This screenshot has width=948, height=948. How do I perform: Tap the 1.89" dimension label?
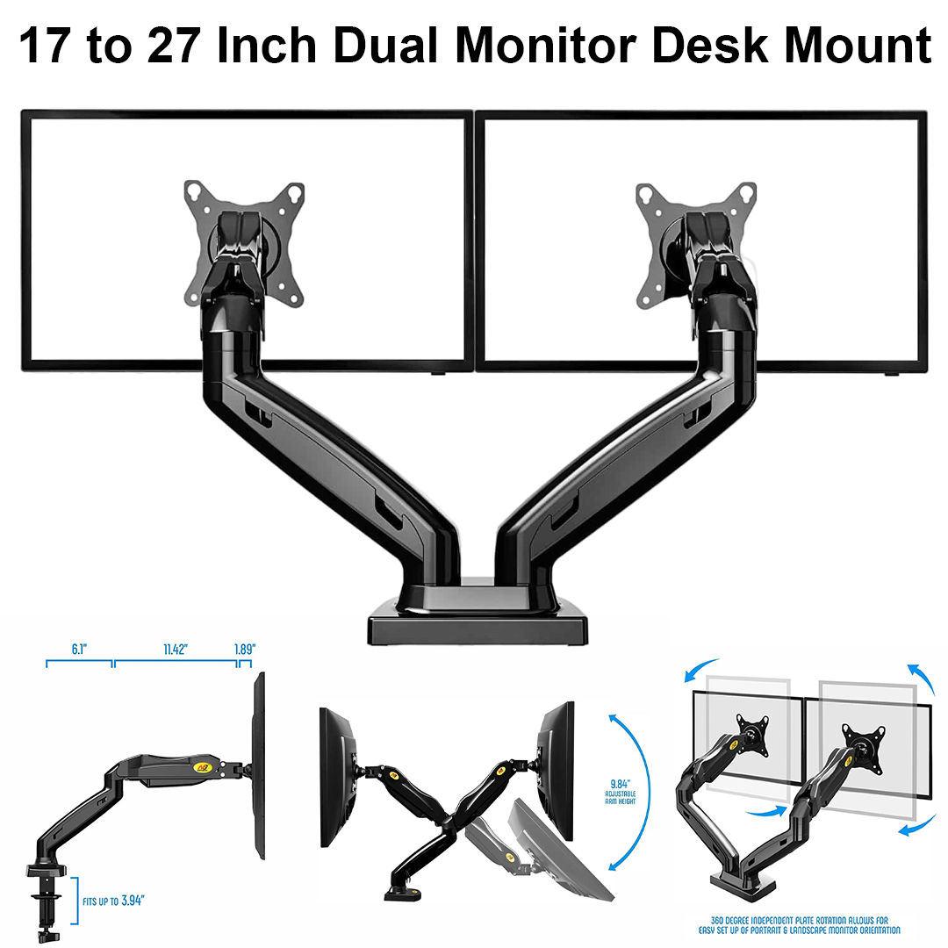[x=246, y=650]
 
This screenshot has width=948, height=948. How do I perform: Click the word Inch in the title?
[x=265, y=46]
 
